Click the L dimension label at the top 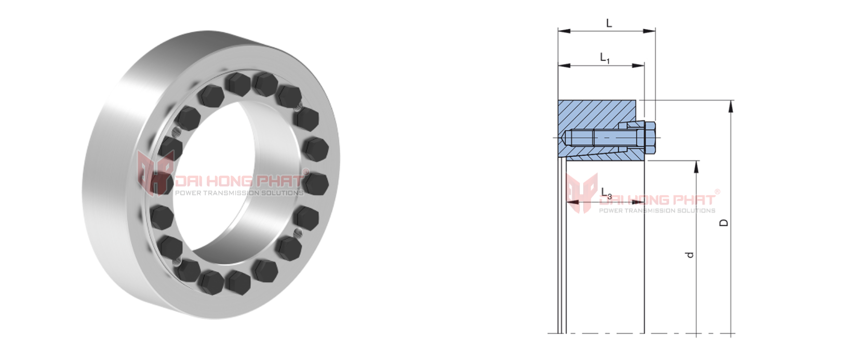point(609,23)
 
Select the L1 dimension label point(605,58)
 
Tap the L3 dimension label point(606,193)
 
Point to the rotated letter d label point(690,255)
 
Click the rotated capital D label point(724,222)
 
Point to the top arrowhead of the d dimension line point(696,166)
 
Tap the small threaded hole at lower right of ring point(298,232)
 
